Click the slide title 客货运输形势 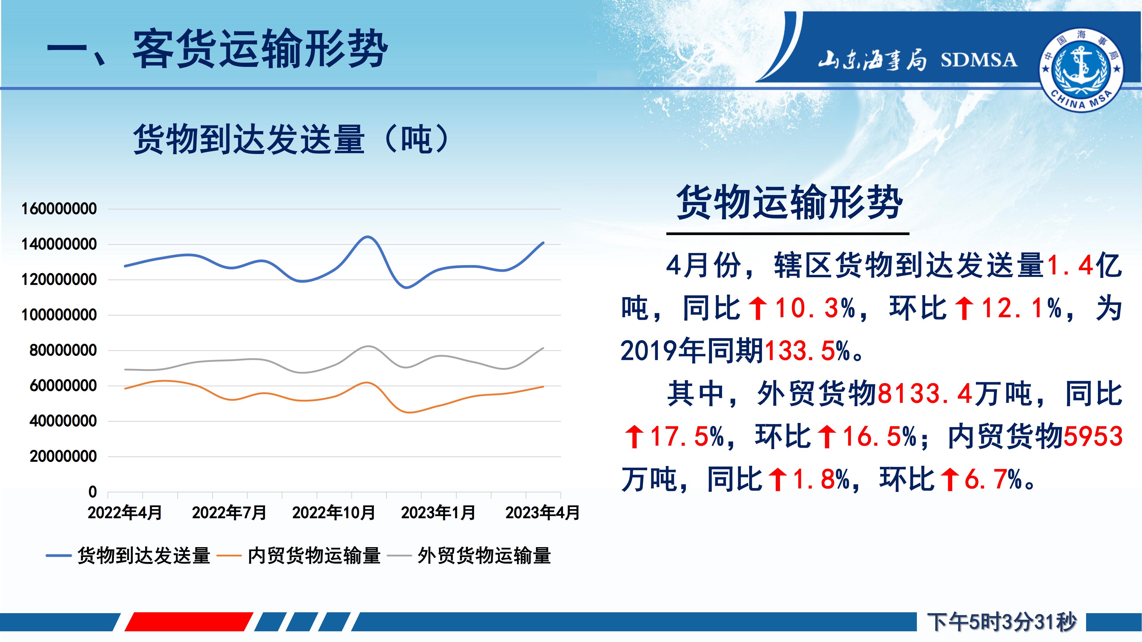(x=260, y=49)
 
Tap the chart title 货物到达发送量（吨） (x=293, y=139)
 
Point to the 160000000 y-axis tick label (x=59, y=209)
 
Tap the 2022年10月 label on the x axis (x=334, y=513)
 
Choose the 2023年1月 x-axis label (x=438, y=513)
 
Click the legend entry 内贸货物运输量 (x=314, y=556)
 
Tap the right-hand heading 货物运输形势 (x=790, y=202)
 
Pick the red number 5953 (x=1093, y=436)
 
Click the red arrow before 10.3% (x=758, y=309)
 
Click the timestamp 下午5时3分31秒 (x=1001, y=622)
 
